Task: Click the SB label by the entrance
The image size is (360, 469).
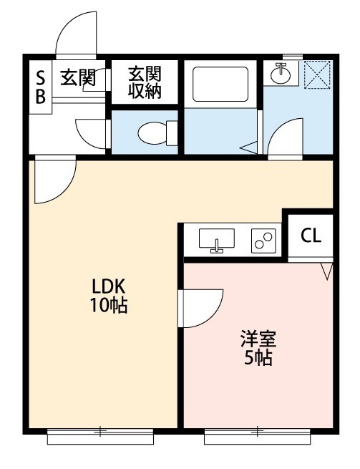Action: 41,87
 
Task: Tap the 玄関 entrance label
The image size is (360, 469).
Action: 78,77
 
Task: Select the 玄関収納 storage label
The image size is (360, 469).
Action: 145,82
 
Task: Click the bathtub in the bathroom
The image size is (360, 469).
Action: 220,84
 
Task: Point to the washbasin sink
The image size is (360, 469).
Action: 281,74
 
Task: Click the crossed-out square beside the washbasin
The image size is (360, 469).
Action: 317,74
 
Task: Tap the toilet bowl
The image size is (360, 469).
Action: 152,132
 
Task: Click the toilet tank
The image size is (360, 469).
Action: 172,133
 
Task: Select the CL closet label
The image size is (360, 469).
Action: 311,236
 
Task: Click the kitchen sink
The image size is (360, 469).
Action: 216,240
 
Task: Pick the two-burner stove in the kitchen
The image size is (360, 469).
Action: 263,241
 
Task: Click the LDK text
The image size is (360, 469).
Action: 108,287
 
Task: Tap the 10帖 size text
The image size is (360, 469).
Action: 109,306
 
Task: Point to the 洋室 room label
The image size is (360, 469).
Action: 258,339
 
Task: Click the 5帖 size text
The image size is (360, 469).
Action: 258,357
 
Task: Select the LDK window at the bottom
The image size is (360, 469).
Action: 100,436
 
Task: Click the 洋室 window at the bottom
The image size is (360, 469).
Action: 257,436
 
